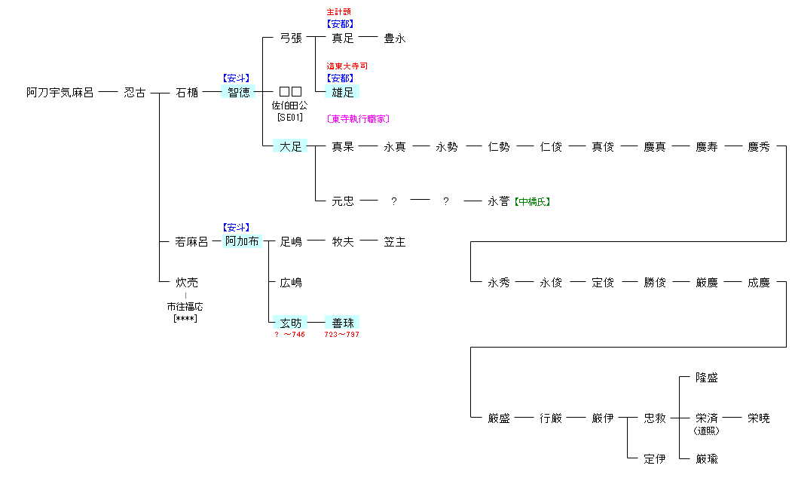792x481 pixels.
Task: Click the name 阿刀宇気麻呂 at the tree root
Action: tap(60, 93)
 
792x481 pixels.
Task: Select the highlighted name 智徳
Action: tap(239, 93)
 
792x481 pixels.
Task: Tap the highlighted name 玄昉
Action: tap(291, 323)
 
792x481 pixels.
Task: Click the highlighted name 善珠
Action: tap(343, 323)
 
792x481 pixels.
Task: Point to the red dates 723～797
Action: tap(341, 334)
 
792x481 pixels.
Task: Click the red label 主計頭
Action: tap(338, 12)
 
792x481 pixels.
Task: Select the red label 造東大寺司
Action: tap(347, 66)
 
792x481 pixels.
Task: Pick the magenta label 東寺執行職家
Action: tap(358, 119)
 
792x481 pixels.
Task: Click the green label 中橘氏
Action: tap(532, 201)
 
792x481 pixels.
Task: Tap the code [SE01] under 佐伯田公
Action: tap(290, 118)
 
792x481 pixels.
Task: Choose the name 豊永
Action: tap(394, 38)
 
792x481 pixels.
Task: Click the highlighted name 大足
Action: tap(291, 147)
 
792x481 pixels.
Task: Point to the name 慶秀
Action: tap(759, 147)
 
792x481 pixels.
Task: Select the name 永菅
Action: tap(499, 201)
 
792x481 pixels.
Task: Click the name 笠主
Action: tap(394, 242)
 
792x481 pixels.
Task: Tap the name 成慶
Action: tap(759, 283)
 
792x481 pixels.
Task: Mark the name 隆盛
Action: tap(707, 378)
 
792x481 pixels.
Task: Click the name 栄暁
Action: tap(759, 418)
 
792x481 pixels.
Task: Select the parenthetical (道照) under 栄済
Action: tap(706, 430)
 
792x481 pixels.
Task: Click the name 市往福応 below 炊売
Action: tap(185, 307)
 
